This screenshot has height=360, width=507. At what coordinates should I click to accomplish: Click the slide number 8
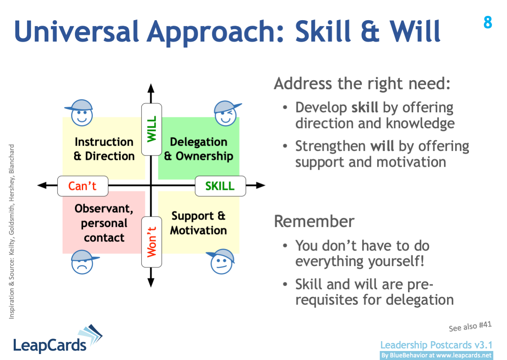487,23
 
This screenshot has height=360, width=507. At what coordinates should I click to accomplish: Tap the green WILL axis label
151,129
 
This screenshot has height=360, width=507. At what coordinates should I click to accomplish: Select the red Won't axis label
151,242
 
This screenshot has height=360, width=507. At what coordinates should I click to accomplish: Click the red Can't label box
83,186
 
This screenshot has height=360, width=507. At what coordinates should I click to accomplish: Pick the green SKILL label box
220,186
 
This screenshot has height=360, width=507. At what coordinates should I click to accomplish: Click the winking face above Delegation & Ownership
226,113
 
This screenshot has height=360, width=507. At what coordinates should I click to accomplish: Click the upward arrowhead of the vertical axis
151,88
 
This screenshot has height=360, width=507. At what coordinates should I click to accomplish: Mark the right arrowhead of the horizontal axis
261,186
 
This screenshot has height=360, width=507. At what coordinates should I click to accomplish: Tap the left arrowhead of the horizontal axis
42,186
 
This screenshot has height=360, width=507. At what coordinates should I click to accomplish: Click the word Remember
314,221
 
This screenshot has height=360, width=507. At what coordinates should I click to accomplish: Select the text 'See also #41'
470,326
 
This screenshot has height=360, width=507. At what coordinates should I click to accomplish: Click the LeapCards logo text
50,344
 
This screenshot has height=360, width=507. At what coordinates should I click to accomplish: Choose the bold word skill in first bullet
365,107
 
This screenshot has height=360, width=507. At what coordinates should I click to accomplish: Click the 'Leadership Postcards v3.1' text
436,345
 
